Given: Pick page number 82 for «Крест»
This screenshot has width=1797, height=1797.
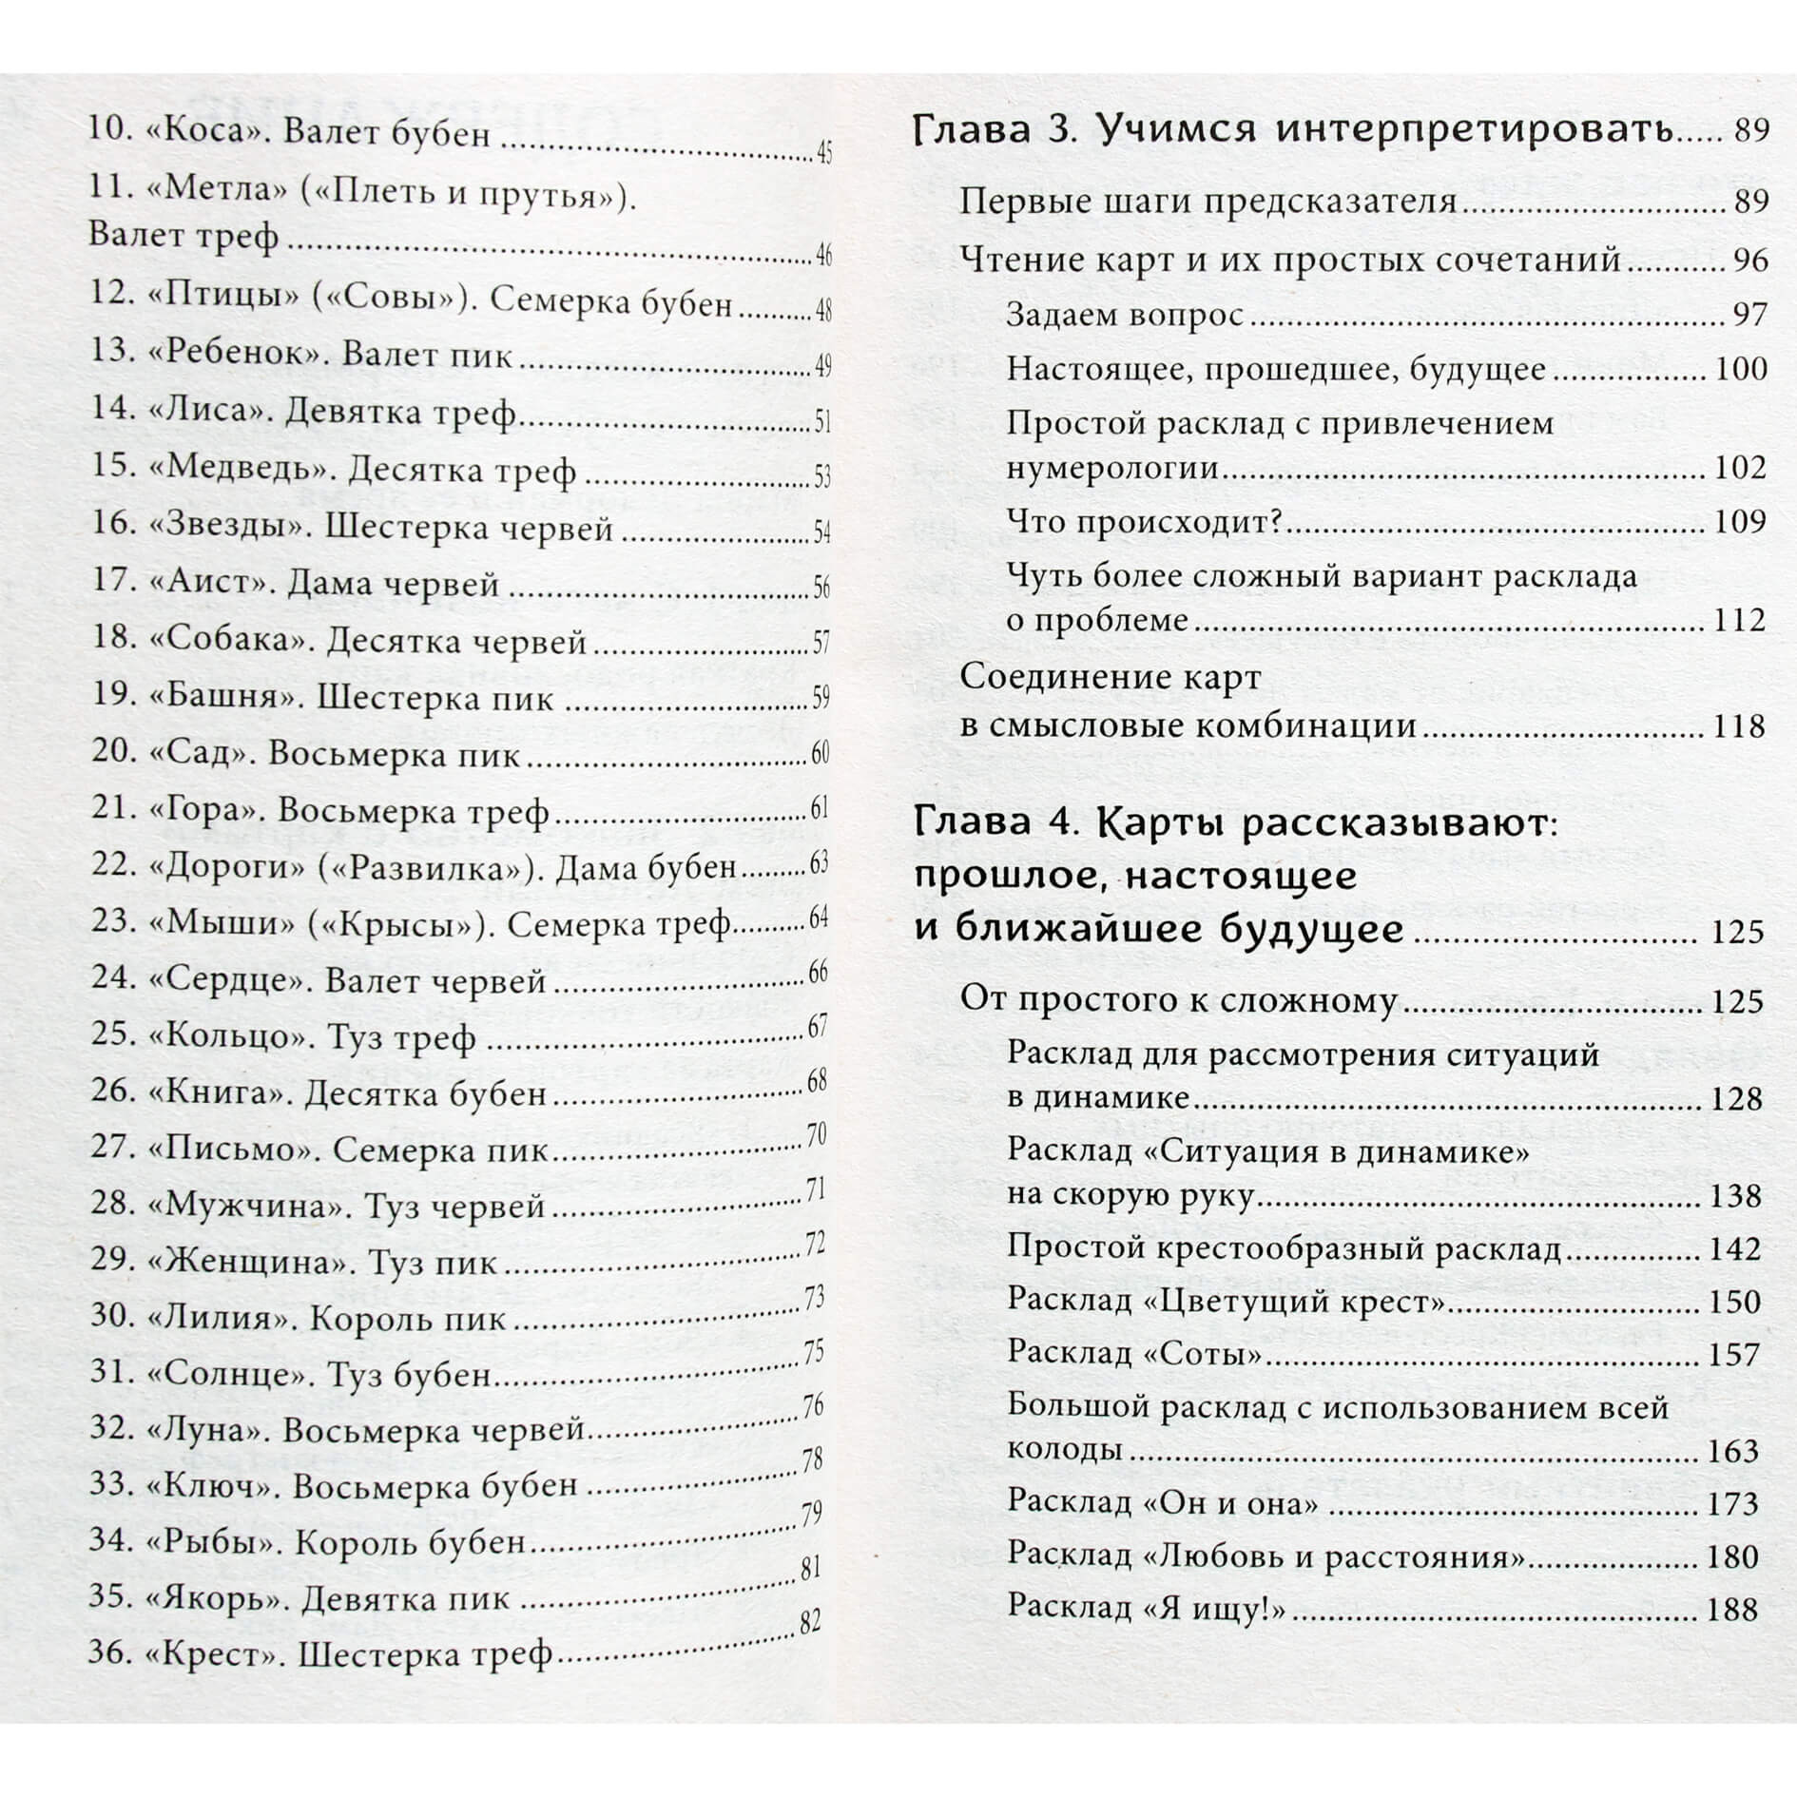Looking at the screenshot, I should pos(809,1622).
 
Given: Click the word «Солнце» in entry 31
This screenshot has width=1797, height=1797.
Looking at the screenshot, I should pos(233,1374).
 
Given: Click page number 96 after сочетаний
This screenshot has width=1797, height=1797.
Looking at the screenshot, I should pos(1749,260).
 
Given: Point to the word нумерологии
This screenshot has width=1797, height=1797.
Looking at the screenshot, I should pos(1113,468).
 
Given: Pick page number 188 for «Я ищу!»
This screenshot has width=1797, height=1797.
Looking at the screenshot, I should pos(1731,1609).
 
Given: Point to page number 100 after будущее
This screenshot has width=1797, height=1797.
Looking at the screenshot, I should pos(1741,369).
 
